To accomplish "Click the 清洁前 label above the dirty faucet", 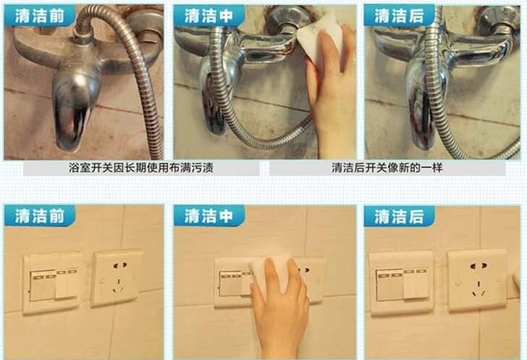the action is click(40, 16).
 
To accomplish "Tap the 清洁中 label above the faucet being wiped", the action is click(208, 16).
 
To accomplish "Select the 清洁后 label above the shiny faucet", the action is click(399, 16).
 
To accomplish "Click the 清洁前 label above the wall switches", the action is click(40, 216).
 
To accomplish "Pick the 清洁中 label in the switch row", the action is click(208, 216).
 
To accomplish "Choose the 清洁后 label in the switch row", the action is click(399, 217).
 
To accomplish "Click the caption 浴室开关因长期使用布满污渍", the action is click(141, 167).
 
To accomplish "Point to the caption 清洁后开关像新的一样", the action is click(387, 167).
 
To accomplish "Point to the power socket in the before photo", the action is click(117, 277).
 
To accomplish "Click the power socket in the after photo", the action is click(477, 280).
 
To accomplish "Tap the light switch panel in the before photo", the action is click(51, 282).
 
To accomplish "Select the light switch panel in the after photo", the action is click(401, 282).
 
